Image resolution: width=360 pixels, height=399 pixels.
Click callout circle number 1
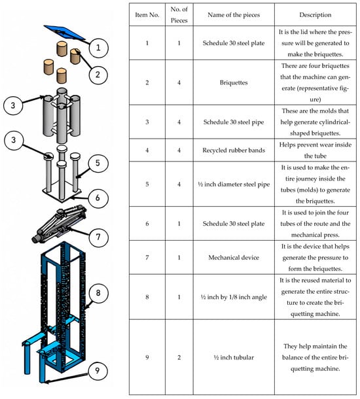click(x=98, y=48)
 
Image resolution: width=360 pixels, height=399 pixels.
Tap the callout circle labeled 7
click(x=98, y=237)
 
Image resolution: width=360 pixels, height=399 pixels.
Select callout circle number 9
click(x=98, y=371)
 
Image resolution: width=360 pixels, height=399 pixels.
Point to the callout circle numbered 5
click(x=98, y=163)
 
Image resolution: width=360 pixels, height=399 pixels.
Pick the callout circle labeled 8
click(x=98, y=293)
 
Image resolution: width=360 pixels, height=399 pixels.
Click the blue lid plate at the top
click(x=63, y=32)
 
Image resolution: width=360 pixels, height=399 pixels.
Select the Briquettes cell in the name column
click(x=234, y=82)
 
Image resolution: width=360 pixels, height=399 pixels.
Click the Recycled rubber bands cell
click(x=234, y=150)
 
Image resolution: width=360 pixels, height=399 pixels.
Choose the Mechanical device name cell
click(x=234, y=258)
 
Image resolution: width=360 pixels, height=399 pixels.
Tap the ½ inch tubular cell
click(x=234, y=357)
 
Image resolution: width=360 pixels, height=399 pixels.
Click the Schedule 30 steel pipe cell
click(x=234, y=122)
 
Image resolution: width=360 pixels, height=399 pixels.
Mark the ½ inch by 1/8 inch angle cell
click(x=234, y=297)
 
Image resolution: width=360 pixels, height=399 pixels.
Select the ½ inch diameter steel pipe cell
click(x=234, y=184)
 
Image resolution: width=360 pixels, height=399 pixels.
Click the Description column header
click(x=315, y=15)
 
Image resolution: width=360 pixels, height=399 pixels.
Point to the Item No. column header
click(x=147, y=15)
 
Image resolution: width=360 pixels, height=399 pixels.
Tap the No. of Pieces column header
click(x=179, y=15)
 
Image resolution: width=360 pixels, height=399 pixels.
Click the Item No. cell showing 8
click(x=147, y=297)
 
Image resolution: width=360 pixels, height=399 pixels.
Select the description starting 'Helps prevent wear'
click(x=315, y=150)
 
